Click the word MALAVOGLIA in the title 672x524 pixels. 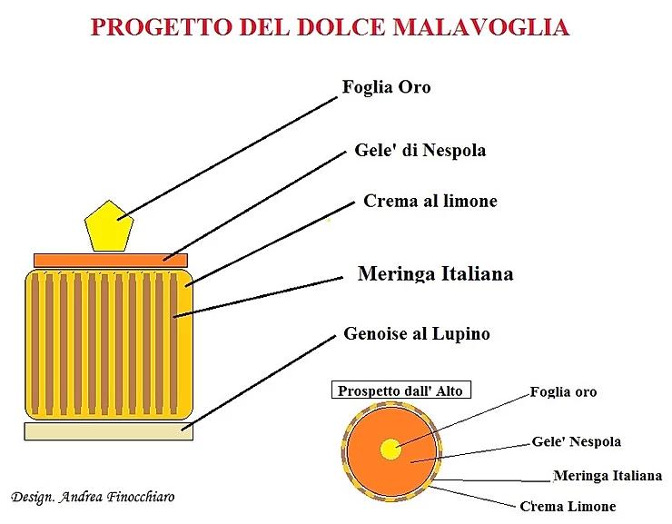481,27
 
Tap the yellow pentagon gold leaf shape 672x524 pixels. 109,226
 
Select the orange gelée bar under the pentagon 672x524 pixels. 111,260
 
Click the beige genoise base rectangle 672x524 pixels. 108,431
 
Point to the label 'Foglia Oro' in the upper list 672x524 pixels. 386,87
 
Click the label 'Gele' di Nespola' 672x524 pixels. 420,151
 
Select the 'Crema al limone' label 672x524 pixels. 430,201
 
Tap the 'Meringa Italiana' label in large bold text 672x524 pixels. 435,273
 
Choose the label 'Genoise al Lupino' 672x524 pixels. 417,333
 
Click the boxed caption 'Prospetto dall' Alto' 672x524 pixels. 401,390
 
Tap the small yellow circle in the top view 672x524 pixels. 390,450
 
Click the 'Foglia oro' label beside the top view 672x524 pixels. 563,391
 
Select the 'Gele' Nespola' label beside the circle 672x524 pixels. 576,441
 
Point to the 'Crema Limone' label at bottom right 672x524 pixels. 568,507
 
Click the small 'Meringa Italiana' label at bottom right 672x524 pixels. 608,476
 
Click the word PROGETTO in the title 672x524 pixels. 161,27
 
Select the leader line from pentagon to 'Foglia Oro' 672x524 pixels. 227,159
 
